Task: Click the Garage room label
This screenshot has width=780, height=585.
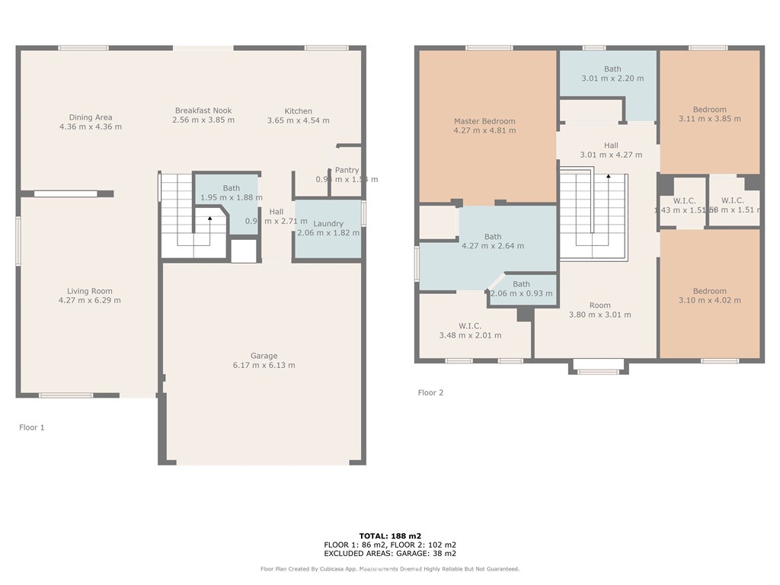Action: click(264, 356)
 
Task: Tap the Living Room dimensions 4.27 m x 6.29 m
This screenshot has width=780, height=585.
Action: click(90, 300)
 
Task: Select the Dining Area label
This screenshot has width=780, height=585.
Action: click(91, 117)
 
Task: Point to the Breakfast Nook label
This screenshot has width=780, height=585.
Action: click(203, 110)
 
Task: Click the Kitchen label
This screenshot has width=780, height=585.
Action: click(299, 111)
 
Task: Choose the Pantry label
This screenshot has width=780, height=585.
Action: click(347, 170)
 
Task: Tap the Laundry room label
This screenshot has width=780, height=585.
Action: click(328, 223)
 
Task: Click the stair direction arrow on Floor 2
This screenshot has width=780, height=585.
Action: click(608, 177)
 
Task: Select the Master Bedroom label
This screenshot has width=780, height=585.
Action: click(484, 121)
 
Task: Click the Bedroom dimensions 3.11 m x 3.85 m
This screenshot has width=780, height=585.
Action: click(709, 119)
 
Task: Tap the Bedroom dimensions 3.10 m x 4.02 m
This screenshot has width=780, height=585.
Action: click(709, 300)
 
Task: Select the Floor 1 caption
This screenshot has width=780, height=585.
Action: click(32, 427)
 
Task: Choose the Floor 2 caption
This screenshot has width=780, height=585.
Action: click(430, 393)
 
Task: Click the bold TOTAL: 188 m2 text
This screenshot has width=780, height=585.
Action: click(389, 535)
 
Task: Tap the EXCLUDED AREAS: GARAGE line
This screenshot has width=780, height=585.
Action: click(389, 554)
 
